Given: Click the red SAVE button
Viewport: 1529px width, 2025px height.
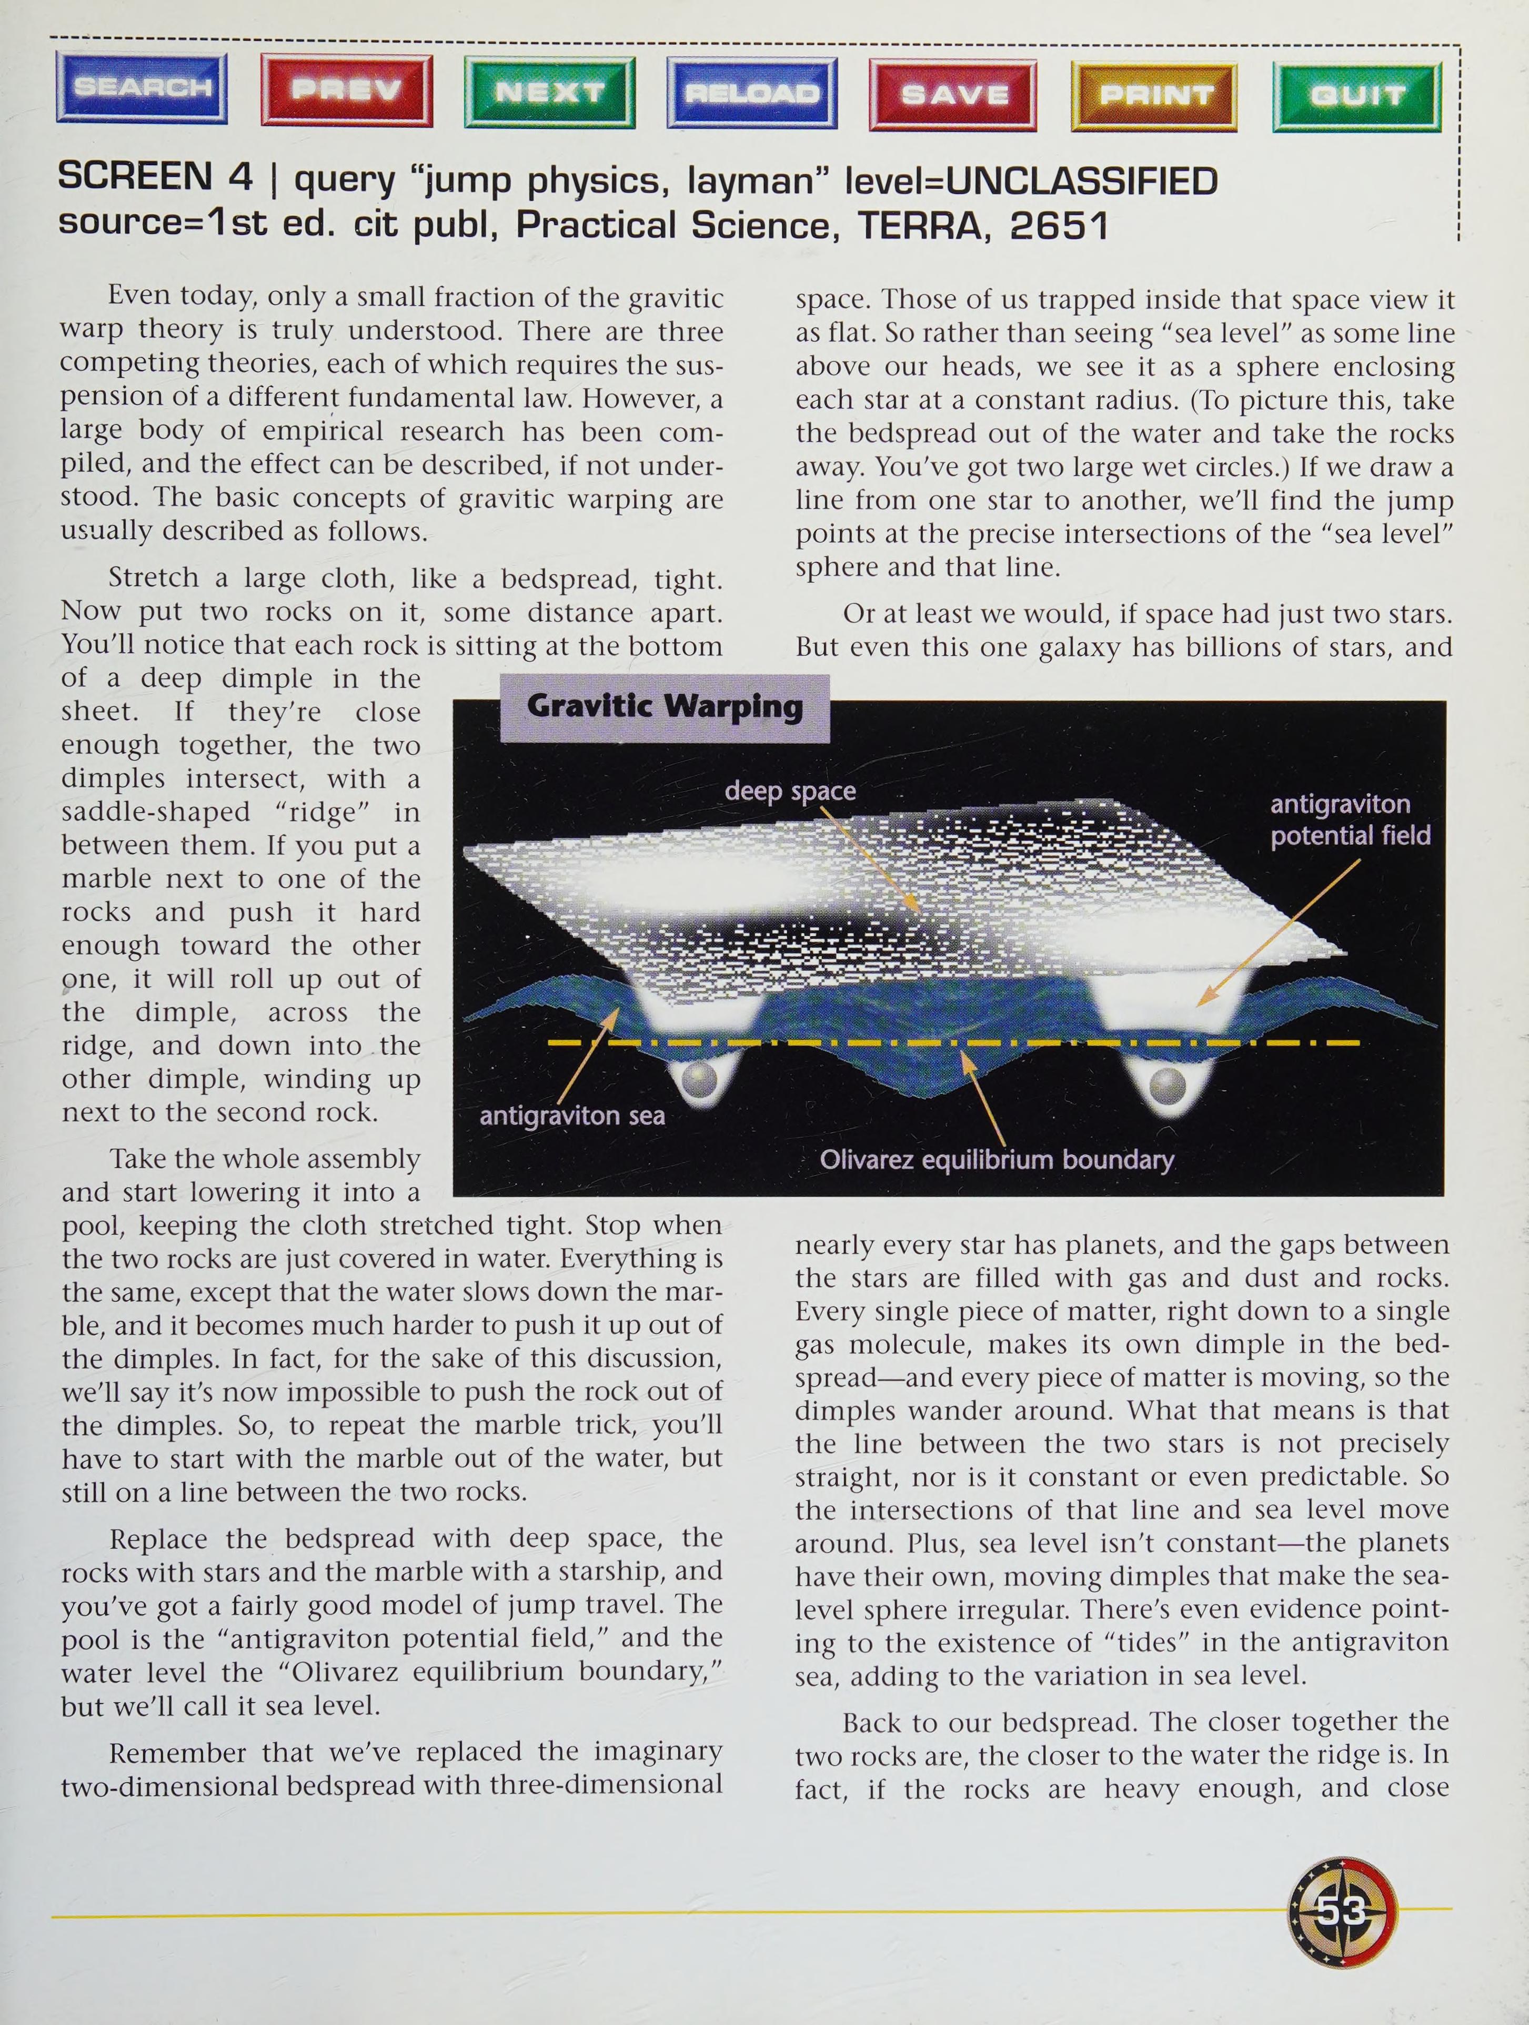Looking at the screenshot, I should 953,94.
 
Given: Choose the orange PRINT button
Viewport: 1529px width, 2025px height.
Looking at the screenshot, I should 1154,95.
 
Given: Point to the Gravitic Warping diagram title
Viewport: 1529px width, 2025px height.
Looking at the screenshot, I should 665,707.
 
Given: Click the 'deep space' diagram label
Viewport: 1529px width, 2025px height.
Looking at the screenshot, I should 790,791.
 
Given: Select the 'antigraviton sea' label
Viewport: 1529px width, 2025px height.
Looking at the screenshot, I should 572,1116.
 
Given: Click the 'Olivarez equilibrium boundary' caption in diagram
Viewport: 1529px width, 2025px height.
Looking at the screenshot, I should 996,1160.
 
